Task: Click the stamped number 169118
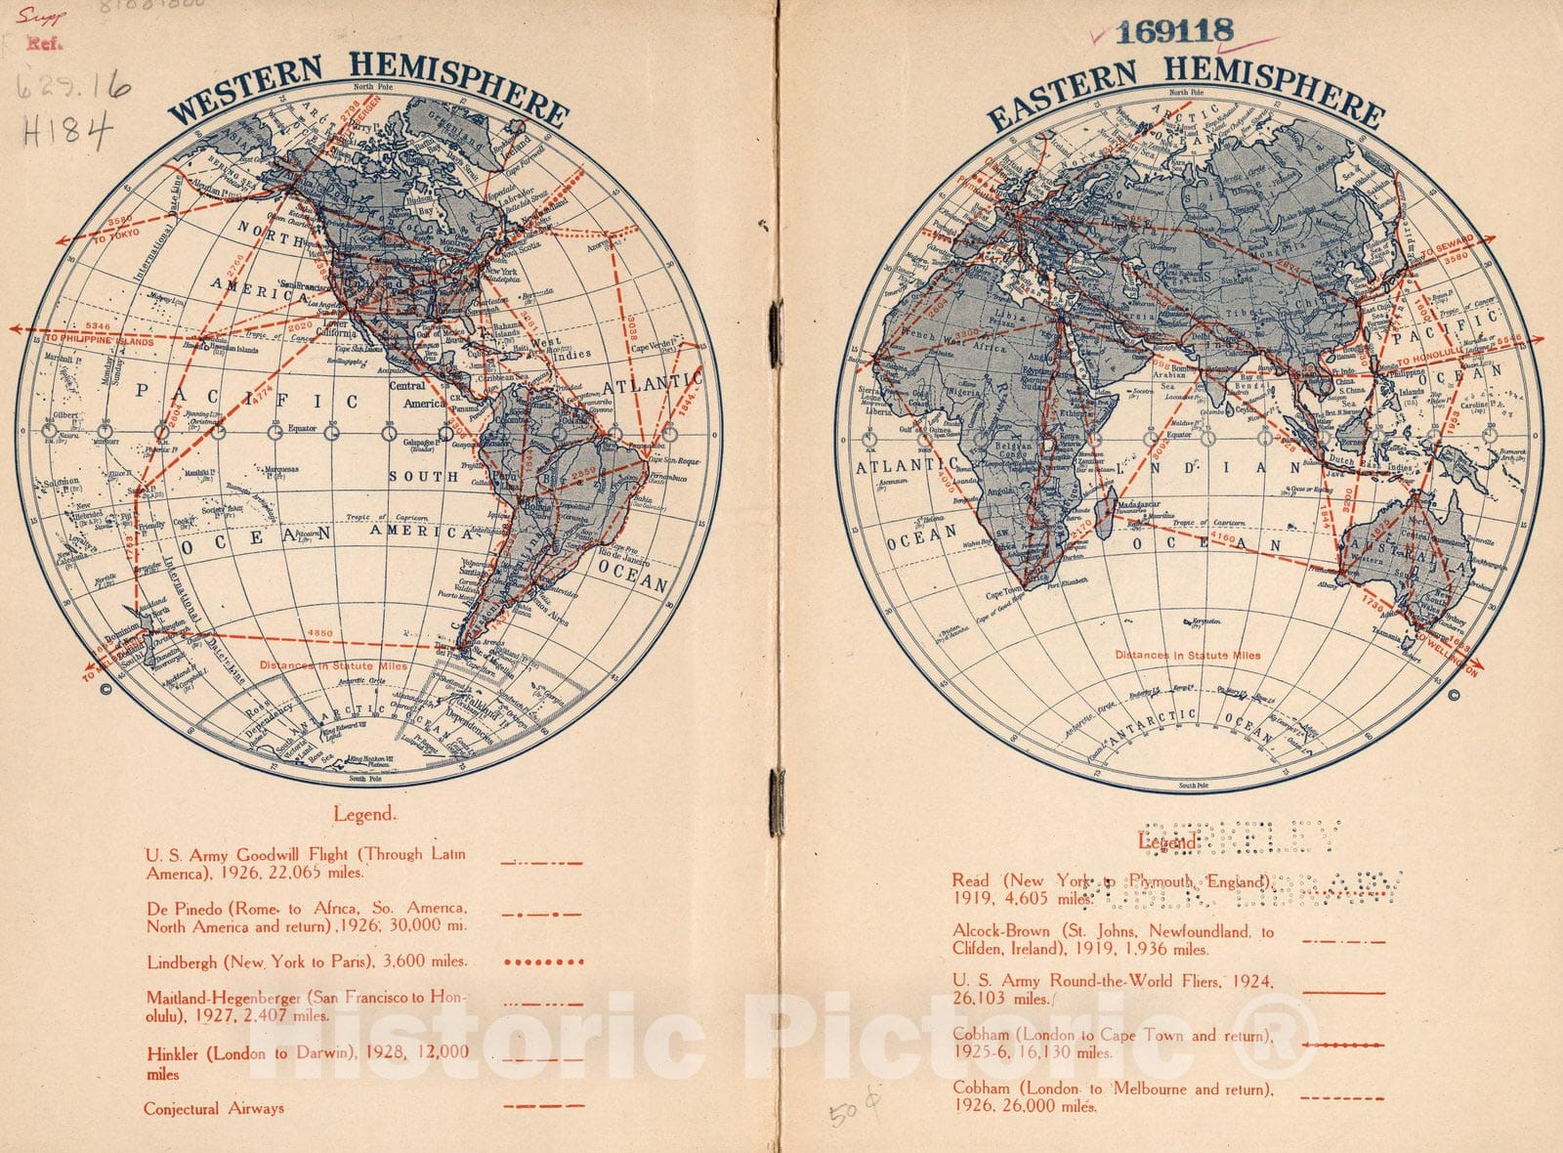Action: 1174,31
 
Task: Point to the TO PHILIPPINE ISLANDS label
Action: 100,340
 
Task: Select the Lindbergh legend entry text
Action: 307,961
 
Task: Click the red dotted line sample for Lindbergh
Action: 543,962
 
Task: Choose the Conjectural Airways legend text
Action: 214,1108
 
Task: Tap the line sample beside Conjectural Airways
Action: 543,1107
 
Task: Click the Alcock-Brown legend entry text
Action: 1113,939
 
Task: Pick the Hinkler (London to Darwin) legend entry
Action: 307,1062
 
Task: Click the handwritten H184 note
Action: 67,129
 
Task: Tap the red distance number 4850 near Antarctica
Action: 319,633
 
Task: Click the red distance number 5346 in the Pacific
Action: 98,326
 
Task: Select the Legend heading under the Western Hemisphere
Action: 364,814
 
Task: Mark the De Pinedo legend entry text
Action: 307,917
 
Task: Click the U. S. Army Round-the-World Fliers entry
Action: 1113,989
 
